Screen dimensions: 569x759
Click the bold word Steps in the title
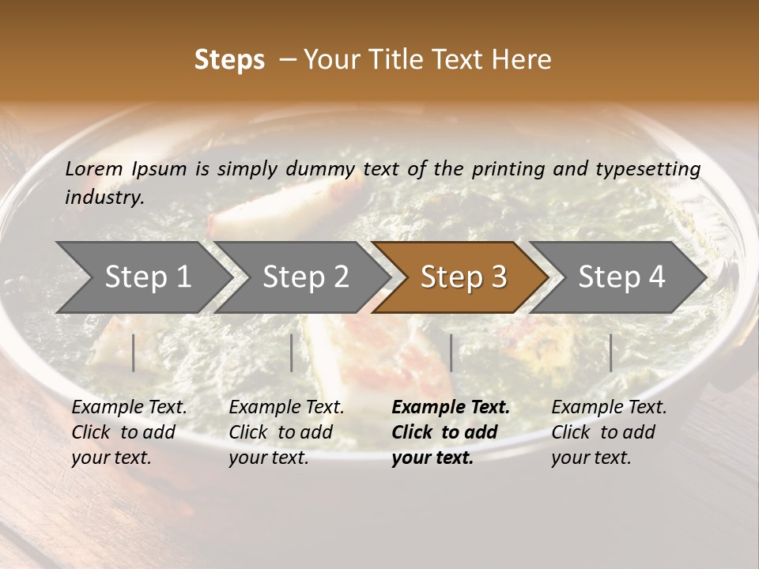(x=229, y=60)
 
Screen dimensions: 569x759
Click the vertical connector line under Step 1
(x=134, y=352)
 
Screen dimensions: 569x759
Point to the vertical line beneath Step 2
(x=292, y=352)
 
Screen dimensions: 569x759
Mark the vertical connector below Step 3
(x=451, y=352)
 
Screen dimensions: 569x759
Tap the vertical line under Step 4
(x=610, y=352)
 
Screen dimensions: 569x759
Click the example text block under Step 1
(x=129, y=432)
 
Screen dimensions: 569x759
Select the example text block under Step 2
(x=286, y=432)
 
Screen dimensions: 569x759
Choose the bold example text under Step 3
(x=451, y=432)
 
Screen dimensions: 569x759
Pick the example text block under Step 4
(x=609, y=432)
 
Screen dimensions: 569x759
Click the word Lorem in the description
(x=94, y=168)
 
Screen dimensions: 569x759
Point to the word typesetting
(x=652, y=168)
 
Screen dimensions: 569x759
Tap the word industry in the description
(x=104, y=197)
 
